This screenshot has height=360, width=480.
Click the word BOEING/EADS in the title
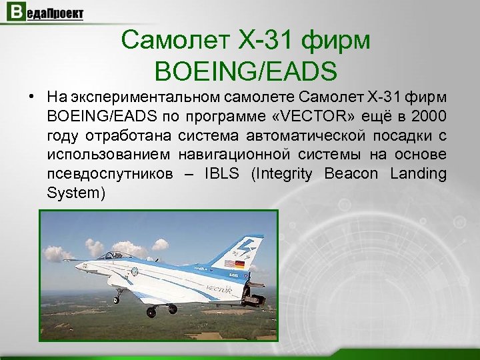click(x=245, y=69)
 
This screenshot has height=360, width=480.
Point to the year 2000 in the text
click(x=429, y=117)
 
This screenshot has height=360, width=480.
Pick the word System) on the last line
click(x=77, y=193)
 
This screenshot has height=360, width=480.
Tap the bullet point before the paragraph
click(x=31, y=99)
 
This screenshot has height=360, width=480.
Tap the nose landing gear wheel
click(x=117, y=299)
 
